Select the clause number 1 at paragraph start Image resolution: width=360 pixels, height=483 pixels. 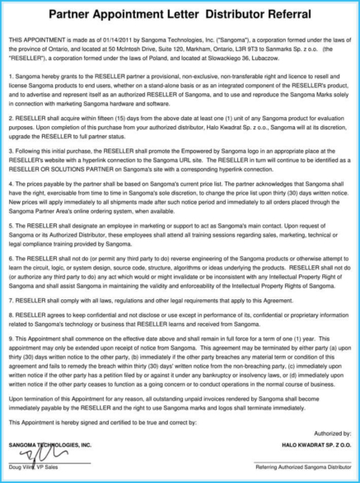[x=11, y=74]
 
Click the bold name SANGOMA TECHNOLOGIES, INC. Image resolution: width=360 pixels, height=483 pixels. [x=50, y=445]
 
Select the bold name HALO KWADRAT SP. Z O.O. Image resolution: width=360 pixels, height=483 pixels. [x=314, y=445]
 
